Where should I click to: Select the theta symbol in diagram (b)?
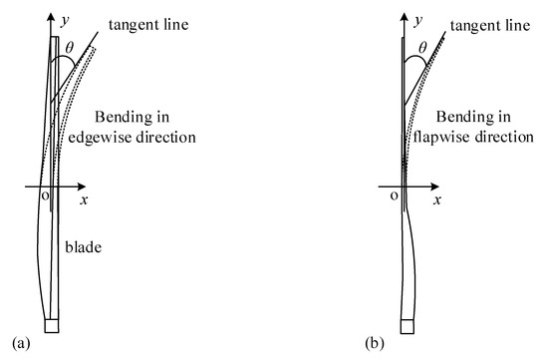click(x=423, y=47)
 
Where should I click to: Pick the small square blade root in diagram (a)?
click(x=53, y=325)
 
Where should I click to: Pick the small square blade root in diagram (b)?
click(x=406, y=325)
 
